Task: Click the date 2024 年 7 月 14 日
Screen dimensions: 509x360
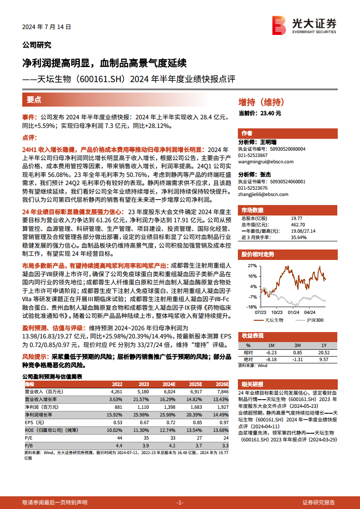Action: click(47, 27)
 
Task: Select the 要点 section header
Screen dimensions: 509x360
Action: click(34, 100)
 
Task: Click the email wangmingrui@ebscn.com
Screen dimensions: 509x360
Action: click(266, 162)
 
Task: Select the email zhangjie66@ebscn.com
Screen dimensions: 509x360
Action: click(263, 194)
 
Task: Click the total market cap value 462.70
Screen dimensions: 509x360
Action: click(298, 225)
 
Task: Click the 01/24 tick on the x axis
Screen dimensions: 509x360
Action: click(293, 312)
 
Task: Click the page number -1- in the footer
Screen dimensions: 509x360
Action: click(180, 502)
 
